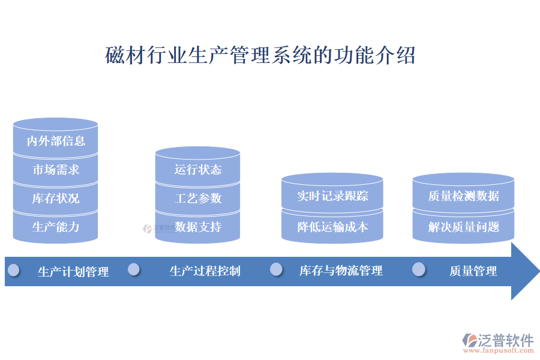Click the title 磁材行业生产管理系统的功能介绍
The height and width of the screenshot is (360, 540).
[x=260, y=56]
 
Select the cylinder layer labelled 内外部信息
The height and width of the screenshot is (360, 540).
[x=55, y=141]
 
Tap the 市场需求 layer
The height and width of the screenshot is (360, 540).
[x=55, y=170]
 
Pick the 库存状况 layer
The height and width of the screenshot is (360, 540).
[x=55, y=198]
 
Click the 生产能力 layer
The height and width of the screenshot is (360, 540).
[x=55, y=227]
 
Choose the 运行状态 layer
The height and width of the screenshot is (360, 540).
[x=197, y=170]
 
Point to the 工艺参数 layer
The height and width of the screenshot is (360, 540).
[x=197, y=198]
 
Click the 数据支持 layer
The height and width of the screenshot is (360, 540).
[x=197, y=227]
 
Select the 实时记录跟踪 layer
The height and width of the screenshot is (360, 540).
[x=332, y=196]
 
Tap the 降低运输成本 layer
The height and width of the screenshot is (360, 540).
[x=332, y=227]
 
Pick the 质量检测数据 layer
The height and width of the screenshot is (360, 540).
[x=463, y=196]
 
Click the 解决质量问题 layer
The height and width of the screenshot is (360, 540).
[x=463, y=227]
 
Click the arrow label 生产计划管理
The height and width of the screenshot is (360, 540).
[x=73, y=272]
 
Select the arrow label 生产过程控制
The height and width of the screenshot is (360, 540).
[x=205, y=271]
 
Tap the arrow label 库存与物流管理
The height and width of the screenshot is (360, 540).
[x=341, y=271]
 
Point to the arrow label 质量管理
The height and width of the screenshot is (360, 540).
[x=473, y=271]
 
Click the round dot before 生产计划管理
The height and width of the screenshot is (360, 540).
[x=13, y=270]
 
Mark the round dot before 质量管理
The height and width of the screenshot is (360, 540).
[x=419, y=269]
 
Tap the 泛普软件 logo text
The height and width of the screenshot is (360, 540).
[x=506, y=340]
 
